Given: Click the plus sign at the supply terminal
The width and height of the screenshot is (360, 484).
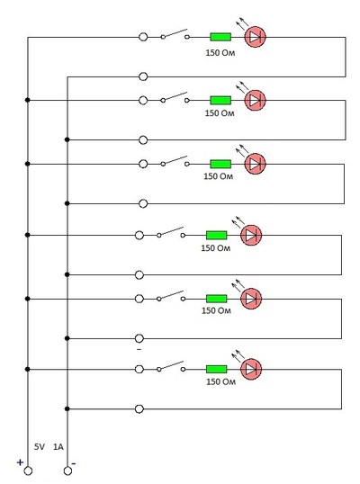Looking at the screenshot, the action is (x=20, y=462).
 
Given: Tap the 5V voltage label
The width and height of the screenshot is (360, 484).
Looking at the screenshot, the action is (x=40, y=446).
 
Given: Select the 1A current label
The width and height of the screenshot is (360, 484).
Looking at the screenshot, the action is (x=58, y=446).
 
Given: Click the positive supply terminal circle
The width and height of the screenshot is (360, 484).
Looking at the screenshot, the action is (x=28, y=471).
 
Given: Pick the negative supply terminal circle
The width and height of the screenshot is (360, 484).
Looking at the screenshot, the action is (x=67, y=471).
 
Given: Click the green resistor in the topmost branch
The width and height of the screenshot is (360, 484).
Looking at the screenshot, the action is (x=220, y=37).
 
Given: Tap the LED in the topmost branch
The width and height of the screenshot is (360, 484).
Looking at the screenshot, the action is (x=255, y=37).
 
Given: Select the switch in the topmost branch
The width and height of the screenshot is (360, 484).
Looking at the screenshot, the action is (x=175, y=34).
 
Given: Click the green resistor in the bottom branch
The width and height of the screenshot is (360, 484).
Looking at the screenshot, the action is (x=216, y=369).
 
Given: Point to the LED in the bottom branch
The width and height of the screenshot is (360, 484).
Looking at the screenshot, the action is (x=251, y=369).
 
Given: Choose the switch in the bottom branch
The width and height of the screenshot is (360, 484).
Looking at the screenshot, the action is (x=171, y=367).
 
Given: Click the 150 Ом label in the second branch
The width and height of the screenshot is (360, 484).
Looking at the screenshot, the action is (x=220, y=113).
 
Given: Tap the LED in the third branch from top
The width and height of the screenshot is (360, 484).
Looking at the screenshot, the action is (x=255, y=164).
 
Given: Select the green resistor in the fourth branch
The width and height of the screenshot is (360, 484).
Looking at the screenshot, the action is (x=216, y=235).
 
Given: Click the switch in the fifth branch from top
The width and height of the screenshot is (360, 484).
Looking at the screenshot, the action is (x=171, y=296).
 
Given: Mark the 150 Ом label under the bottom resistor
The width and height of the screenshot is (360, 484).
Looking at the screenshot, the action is (x=220, y=381).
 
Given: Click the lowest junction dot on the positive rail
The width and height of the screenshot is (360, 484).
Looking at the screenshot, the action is (x=28, y=369).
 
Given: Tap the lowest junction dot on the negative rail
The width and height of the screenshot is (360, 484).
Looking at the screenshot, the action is (x=67, y=408).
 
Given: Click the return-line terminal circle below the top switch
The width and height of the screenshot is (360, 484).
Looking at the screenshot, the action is (x=143, y=76).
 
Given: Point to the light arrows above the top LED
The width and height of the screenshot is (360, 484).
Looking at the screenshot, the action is (x=242, y=23).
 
